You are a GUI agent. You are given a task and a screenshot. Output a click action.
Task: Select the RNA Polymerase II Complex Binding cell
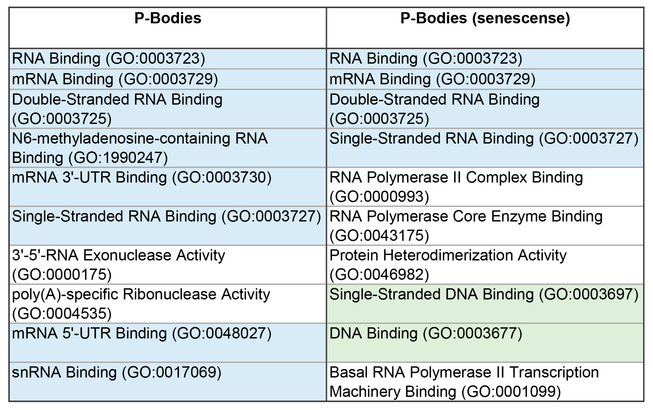coord(485,187)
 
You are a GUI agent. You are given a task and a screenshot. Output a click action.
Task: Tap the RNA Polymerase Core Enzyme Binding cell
coord(485,226)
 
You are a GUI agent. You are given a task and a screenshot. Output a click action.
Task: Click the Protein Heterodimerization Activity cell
coord(485,264)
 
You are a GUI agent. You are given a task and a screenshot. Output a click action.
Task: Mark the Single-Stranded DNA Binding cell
coord(485,303)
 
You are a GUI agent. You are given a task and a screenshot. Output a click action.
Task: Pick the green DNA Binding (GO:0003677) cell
coord(485,342)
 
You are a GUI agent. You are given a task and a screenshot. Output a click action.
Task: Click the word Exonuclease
coord(127,255)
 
